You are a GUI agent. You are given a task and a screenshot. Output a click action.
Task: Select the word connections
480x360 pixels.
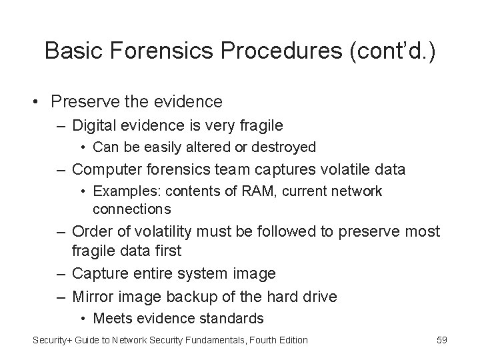132,209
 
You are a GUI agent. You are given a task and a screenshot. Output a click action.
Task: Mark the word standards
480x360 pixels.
233,318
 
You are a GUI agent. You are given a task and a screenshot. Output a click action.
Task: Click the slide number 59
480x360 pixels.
441,340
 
